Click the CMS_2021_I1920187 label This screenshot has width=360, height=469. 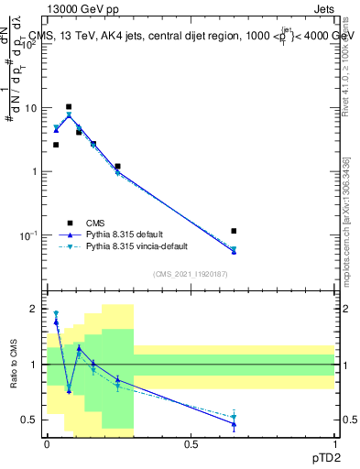(x=190, y=273)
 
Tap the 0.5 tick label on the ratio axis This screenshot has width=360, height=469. (x=32, y=420)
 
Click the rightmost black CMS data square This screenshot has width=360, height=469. (x=234, y=231)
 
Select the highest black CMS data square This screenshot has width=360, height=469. (x=69, y=106)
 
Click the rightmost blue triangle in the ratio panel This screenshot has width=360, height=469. (x=234, y=424)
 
